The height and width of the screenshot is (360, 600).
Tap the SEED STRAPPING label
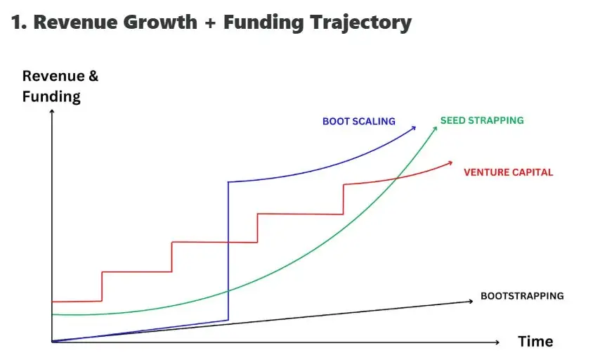482,120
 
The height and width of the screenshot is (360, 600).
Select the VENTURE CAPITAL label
508,172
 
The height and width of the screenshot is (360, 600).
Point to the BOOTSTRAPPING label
522,296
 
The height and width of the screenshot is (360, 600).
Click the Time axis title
535,342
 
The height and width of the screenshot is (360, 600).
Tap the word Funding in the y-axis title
51,96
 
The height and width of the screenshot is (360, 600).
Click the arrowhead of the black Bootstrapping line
469,302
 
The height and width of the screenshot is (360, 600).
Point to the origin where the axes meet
52,342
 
